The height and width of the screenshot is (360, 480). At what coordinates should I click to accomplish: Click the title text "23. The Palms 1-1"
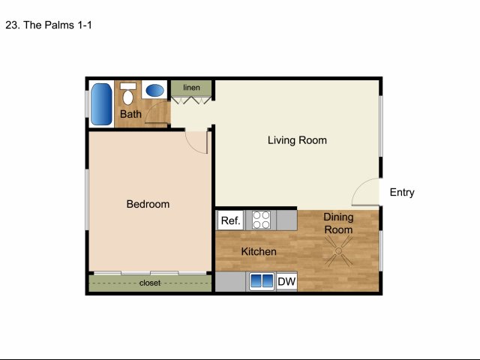click(49, 25)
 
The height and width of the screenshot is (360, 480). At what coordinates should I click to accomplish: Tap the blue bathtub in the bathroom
click(101, 104)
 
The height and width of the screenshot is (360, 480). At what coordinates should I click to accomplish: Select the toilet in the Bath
click(128, 94)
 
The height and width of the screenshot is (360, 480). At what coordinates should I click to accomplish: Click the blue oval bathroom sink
click(154, 90)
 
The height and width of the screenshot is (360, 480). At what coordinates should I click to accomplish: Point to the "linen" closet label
click(192, 88)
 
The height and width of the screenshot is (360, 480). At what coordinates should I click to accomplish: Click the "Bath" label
click(130, 114)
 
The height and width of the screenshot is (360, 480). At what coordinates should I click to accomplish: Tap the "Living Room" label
click(297, 140)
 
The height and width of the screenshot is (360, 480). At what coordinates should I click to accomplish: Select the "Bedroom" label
click(148, 204)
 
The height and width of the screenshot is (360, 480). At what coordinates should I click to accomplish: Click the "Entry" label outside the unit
click(402, 192)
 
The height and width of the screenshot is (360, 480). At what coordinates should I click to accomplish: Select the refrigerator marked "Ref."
click(230, 220)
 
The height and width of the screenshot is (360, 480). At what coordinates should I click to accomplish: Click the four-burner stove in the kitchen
click(261, 220)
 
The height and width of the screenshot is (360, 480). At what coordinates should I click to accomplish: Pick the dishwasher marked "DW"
click(286, 281)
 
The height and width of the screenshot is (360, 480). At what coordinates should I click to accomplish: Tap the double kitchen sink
click(261, 281)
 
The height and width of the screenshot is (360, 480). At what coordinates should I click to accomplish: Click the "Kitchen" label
click(259, 252)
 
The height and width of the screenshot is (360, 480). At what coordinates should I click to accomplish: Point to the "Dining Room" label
click(338, 223)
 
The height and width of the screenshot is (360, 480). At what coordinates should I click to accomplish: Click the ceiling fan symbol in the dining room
click(338, 251)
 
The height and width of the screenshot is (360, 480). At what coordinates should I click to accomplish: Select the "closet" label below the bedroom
click(150, 283)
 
